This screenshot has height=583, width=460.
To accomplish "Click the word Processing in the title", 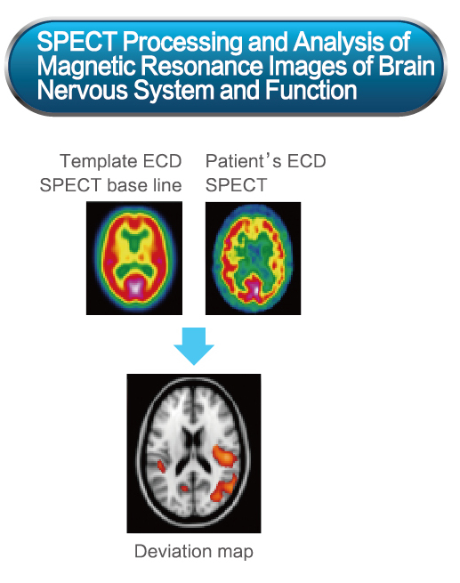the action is tap(183, 42).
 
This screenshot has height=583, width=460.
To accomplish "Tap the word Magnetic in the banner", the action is tap(86, 66).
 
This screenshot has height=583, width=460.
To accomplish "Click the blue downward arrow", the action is tap(194, 345).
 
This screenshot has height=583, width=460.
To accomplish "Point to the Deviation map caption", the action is tap(194, 551).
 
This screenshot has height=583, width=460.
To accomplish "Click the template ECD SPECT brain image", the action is tap(134, 258).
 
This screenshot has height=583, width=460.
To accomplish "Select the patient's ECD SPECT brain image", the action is tap(253, 258).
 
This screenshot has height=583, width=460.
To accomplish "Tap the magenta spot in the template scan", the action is tap(135, 287).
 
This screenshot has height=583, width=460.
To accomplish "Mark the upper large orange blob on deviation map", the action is tap(224, 455).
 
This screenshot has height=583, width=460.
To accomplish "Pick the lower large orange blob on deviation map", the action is tap(223, 488).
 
